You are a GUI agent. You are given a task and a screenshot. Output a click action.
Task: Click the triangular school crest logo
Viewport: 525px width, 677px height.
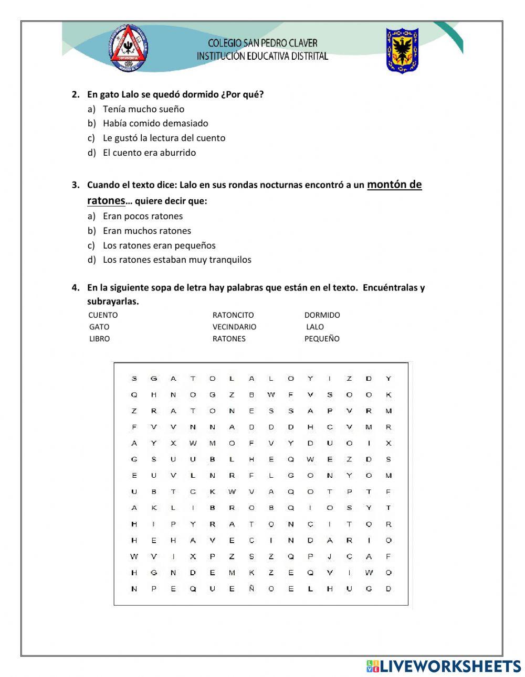[x=129, y=48]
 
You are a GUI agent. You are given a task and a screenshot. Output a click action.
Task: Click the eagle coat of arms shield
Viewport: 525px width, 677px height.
[x=402, y=50]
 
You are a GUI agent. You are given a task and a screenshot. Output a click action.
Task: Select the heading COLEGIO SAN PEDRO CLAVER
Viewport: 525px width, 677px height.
[x=262, y=43]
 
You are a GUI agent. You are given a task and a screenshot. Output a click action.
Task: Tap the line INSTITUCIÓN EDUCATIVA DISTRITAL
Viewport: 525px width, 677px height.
[x=262, y=56]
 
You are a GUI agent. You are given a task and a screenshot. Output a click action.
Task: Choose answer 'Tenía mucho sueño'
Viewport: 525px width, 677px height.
[x=143, y=109]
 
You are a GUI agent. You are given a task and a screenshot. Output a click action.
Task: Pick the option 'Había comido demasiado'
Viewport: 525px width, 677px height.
[x=155, y=123]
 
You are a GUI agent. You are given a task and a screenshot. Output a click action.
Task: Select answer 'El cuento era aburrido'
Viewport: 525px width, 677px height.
[x=149, y=153]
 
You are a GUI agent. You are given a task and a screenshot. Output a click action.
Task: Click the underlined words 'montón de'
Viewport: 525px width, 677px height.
[x=394, y=185]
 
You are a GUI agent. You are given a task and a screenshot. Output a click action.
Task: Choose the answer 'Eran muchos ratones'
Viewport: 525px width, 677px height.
[x=147, y=231]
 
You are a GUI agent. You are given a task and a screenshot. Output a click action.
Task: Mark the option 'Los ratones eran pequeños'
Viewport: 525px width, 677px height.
[x=159, y=245]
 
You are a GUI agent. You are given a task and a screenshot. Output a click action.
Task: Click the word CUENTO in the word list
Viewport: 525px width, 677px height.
[x=103, y=315]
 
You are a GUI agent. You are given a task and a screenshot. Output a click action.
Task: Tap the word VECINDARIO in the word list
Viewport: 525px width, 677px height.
[x=234, y=327]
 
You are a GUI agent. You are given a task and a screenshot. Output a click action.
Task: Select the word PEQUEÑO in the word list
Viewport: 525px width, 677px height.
[x=322, y=339]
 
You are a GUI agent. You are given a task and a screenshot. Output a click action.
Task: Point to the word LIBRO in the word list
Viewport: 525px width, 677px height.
[x=99, y=339]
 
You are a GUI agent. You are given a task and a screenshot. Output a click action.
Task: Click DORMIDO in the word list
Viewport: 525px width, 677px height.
[x=322, y=315]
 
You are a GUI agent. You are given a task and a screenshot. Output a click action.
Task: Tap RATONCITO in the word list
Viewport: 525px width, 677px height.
[x=233, y=315]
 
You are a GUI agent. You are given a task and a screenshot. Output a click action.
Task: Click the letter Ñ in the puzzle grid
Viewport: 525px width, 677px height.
[x=251, y=589]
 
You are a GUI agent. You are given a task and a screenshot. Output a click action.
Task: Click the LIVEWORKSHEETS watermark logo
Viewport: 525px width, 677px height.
[x=444, y=666]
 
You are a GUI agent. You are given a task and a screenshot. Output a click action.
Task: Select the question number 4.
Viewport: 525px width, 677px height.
[x=76, y=287]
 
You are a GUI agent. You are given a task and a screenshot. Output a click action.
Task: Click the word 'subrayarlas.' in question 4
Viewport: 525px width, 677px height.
[x=113, y=302]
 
